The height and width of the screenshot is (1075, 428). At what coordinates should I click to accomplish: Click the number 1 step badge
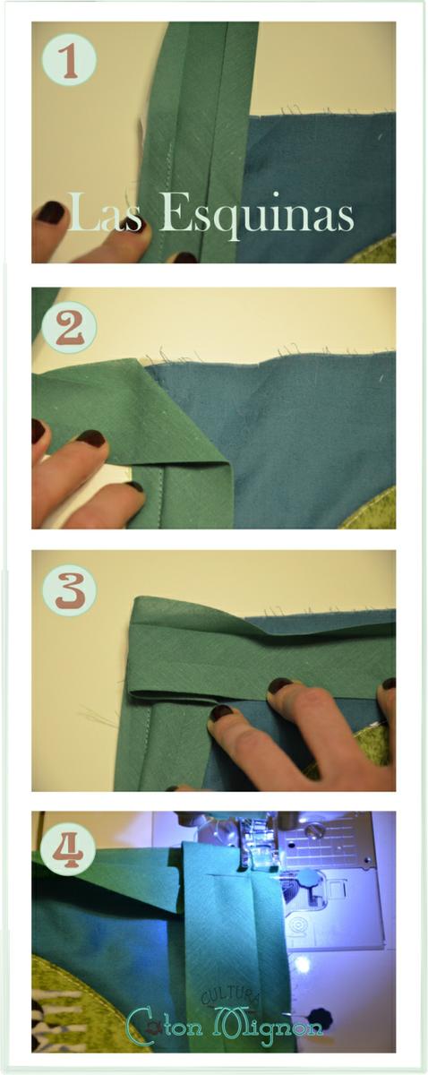tap(68, 59)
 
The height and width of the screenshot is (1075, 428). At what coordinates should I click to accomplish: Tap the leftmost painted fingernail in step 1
tap(50, 212)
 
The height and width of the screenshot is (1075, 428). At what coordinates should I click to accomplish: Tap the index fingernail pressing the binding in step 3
tap(220, 712)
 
